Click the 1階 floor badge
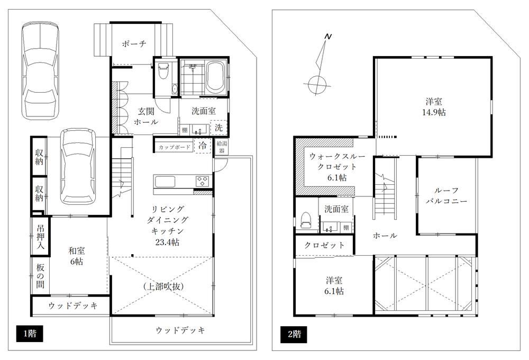click(x=30, y=334)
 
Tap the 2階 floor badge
click(x=294, y=334)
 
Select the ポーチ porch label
click(x=134, y=44)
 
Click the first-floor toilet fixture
click(x=163, y=70)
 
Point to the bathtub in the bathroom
click(x=216, y=76)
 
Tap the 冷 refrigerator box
click(x=203, y=146)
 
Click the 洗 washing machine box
click(x=218, y=128)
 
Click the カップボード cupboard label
click(x=175, y=147)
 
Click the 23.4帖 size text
click(x=167, y=242)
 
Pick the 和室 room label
click(x=77, y=250)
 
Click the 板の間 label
click(x=40, y=276)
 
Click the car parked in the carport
click(x=77, y=166)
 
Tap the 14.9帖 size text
click(x=434, y=112)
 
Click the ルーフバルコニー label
click(x=446, y=195)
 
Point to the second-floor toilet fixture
click(x=306, y=220)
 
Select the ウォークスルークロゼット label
click(x=337, y=167)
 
